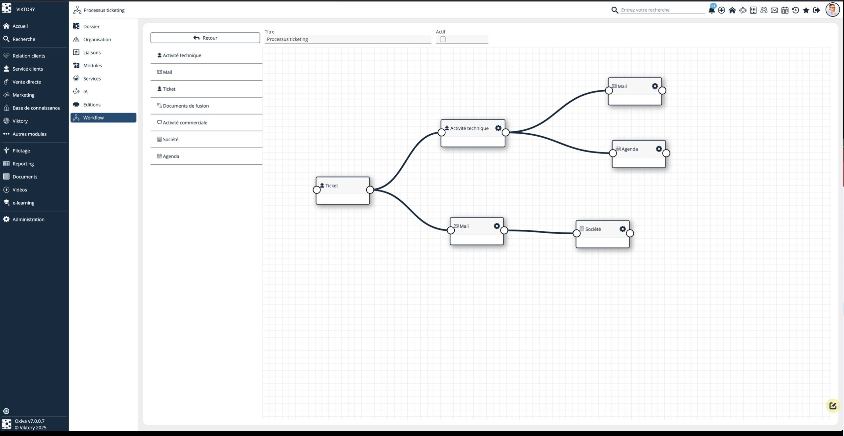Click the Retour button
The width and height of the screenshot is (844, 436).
pos(205,38)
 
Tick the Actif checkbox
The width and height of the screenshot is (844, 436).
pos(443,39)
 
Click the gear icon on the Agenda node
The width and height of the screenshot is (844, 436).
pos(659,149)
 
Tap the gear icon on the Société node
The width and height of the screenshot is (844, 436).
pos(622,229)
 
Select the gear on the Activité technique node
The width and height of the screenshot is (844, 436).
pos(498,128)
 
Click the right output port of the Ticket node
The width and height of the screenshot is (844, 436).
pos(370,190)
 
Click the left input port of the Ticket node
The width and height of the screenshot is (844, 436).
pos(316,190)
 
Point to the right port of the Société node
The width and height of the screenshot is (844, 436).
pos(630,233)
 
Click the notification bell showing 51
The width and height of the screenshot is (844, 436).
pos(712,10)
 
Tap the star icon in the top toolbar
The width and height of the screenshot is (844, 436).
pos(806,10)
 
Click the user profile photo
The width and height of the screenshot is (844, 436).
pos(832,10)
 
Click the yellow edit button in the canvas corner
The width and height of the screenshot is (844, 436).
pos(833,406)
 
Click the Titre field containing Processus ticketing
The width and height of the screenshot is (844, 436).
pos(348,39)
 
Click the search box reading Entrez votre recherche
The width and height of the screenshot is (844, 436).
pos(662,10)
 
